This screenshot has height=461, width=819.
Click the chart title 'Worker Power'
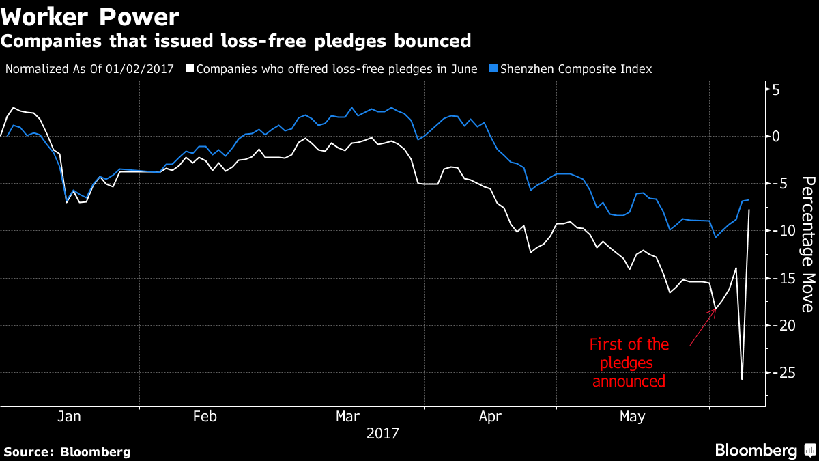click(x=90, y=16)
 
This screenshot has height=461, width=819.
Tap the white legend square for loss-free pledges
click(x=190, y=69)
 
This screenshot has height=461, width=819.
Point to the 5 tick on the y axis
click(x=776, y=89)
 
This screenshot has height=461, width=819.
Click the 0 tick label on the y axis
click(x=776, y=137)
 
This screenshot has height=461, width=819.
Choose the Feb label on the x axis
click(x=205, y=417)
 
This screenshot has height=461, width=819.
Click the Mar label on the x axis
click(x=348, y=417)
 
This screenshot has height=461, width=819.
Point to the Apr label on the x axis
click(x=490, y=417)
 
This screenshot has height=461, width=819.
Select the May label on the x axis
click(x=632, y=417)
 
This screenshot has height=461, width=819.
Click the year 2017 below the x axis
click(x=383, y=433)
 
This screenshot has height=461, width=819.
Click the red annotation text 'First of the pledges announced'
click(x=629, y=363)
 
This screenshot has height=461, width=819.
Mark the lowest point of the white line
click(x=742, y=379)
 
